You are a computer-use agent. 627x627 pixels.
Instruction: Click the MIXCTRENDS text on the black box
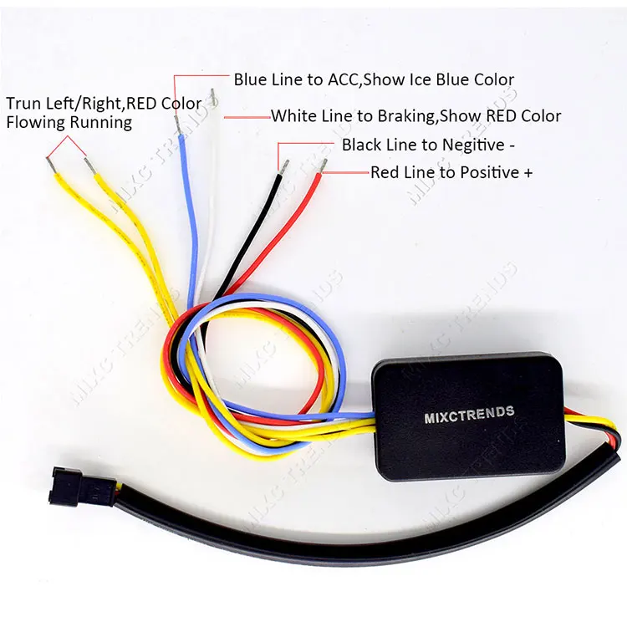[x=469, y=414]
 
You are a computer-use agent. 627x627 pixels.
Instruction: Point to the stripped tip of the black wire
[x=285, y=166]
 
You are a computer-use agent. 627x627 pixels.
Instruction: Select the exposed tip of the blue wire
[x=176, y=125]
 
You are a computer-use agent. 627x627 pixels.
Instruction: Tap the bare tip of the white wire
[x=213, y=98]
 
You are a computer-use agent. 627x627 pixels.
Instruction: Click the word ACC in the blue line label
[x=343, y=79]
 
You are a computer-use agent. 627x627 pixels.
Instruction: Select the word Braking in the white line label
[x=405, y=116]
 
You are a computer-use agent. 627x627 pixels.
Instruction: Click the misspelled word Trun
[x=23, y=104]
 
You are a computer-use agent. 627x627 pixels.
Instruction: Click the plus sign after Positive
[x=528, y=173]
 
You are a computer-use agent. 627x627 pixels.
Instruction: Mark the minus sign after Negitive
[x=512, y=145]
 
